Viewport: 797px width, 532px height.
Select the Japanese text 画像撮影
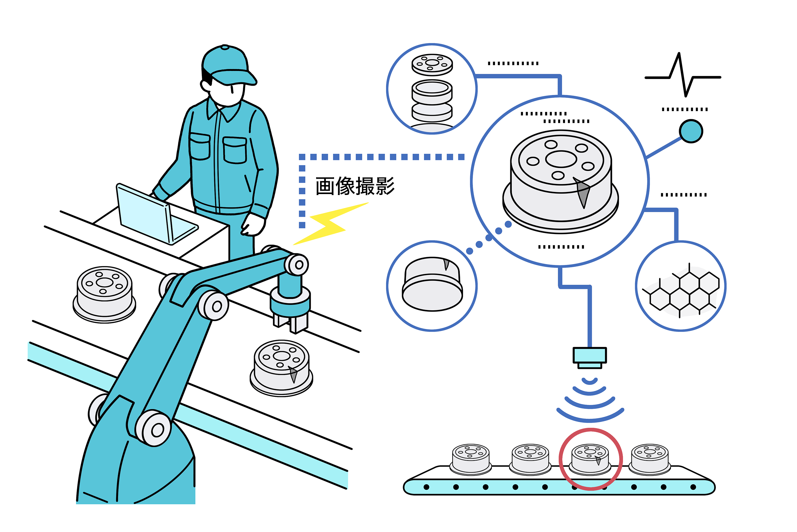point(355,186)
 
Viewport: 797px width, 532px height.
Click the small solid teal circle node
point(691,131)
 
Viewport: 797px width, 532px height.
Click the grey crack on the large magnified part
point(583,193)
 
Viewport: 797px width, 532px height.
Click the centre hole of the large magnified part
point(561,159)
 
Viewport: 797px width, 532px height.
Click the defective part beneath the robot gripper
point(281,368)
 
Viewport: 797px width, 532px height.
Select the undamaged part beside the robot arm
point(104,294)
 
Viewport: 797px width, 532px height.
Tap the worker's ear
point(205,85)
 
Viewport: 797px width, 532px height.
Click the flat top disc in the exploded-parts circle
point(432,64)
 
